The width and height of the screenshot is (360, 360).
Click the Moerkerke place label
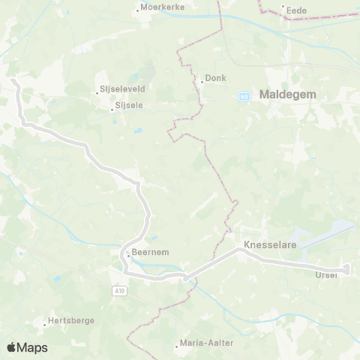[x=160, y=9]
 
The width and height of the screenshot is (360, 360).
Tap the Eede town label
[x=297, y=9]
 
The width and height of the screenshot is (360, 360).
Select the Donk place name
[x=216, y=78]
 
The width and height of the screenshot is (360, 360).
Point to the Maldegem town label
[x=287, y=95]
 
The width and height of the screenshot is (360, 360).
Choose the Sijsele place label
[x=129, y=106]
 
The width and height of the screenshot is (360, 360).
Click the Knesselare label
[x=270, y=245]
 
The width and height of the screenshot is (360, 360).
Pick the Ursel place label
[x=327, y=275]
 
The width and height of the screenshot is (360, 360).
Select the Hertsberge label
[x=70, y=320]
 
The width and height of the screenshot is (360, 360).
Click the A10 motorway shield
[x=121, y=289]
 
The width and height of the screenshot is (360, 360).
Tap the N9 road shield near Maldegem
[x=244, y=96]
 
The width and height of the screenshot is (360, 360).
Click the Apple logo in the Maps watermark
[x=12, y=347]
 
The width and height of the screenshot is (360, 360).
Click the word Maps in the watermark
[x=33, y=347]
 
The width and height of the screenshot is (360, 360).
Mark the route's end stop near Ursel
[x=346, y=268]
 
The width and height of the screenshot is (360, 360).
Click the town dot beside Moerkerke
[x=139, y=9]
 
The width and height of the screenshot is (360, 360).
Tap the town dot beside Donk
[x=202, y=81]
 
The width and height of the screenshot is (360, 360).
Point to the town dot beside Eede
[x=283, y=8]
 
